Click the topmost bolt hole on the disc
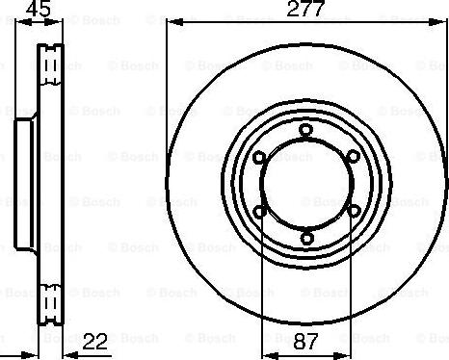305,129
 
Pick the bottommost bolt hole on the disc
305,238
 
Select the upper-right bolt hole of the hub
353,156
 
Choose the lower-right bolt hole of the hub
353,211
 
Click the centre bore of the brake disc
305,183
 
